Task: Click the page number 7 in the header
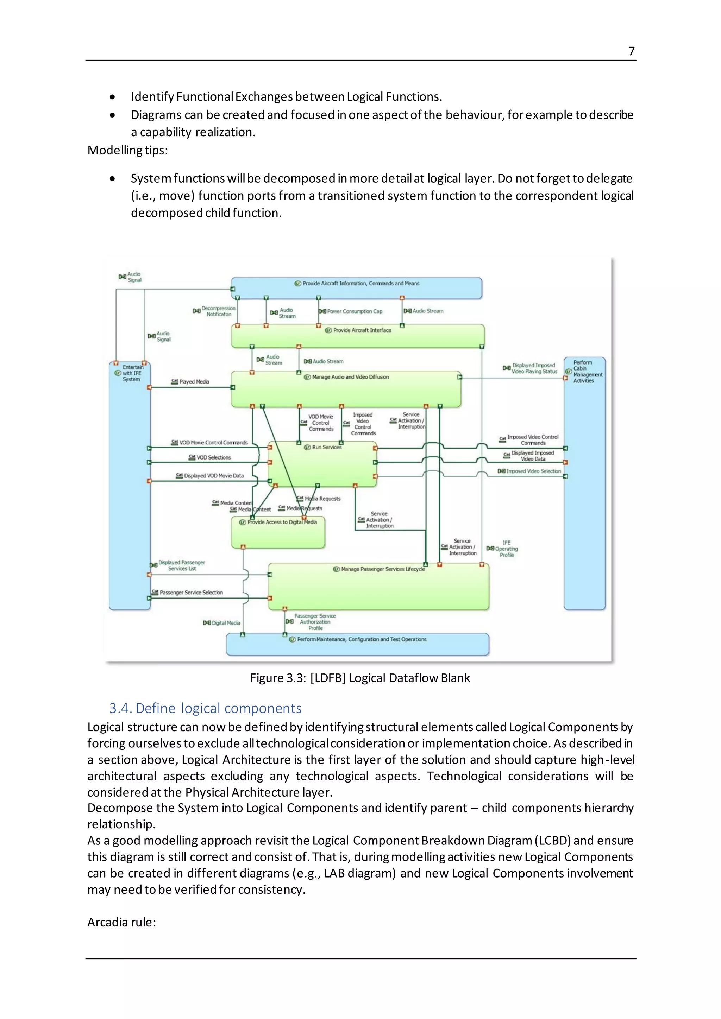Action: point(631,51)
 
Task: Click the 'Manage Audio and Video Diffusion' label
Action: point(350,377)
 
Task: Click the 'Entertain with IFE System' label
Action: point(132,373)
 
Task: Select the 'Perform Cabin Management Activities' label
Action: point(587,372)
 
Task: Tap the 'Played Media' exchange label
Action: point(194,382)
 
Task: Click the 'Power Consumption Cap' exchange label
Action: point(354,311)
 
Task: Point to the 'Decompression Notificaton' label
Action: point(218,311)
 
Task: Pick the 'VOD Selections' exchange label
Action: point(214,457)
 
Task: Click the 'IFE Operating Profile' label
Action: point(506,549)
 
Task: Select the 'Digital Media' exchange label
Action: point(226,623)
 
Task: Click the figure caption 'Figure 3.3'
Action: point(359,678)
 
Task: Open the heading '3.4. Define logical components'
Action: point(205,708)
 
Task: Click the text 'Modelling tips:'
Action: point(127,151)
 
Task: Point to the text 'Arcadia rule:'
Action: point(121,922)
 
